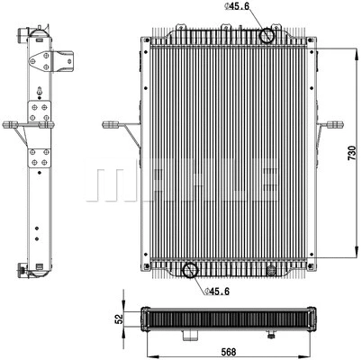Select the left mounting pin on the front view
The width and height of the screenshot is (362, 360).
pyautogui.click(x=113, y=122)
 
